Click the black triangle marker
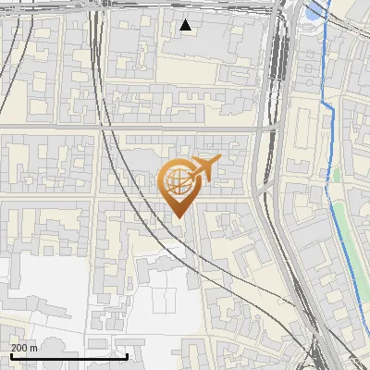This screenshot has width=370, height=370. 186,25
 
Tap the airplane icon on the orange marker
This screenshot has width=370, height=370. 205,167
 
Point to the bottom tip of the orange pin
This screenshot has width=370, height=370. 178,217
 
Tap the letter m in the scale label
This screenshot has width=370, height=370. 35,348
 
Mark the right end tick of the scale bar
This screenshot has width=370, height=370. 127,354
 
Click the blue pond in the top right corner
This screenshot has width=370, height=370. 317,11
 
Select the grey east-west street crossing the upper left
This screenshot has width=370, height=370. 55,125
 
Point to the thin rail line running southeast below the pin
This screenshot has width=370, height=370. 231,268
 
